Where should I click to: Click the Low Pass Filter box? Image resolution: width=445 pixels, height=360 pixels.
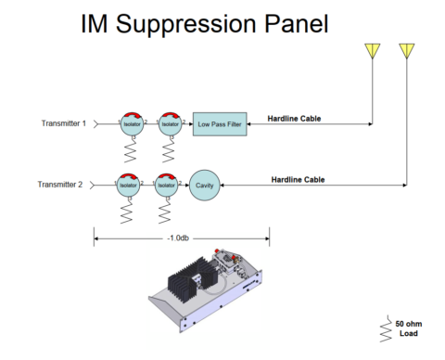coord(219,122)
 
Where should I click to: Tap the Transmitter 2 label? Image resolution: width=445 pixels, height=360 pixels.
coord(61,185)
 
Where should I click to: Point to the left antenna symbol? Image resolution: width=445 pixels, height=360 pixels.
coord(373,52)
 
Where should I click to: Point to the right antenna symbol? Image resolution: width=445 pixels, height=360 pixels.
coord(406,52)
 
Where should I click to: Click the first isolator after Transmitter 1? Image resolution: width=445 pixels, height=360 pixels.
coord(133,122)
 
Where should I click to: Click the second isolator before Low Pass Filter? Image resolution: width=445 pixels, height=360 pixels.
coord(169,122)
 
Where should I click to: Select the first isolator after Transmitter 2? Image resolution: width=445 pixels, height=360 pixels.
coord(129,185)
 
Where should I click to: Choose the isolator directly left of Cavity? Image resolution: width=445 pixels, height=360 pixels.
coord(165,185)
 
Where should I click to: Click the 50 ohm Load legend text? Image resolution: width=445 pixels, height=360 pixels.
coord(411,328)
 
